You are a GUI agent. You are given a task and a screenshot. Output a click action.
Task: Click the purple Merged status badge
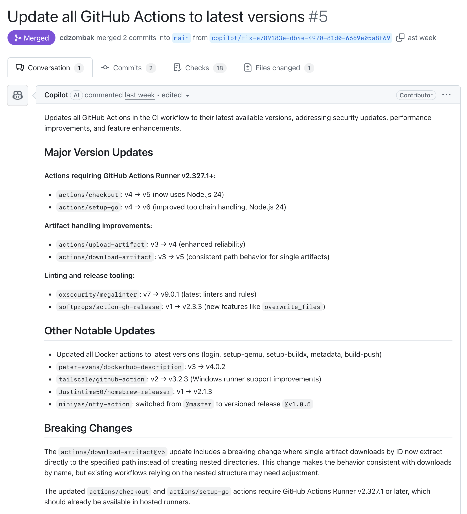(31, 38)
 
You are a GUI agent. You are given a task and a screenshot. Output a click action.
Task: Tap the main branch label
(181, 38)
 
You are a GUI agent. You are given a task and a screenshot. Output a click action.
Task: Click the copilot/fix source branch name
(301, 38)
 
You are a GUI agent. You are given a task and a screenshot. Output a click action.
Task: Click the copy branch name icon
(400, 38)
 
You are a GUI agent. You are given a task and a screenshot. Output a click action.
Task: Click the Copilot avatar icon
(18, 95)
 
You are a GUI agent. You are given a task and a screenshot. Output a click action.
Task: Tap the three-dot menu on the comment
(446, 95)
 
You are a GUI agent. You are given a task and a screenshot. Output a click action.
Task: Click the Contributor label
(416, 95)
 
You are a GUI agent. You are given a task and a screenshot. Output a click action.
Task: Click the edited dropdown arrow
(188, 96)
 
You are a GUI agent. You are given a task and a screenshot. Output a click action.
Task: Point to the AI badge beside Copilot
(76, 95)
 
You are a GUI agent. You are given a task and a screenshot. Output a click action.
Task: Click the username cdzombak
(77, 38)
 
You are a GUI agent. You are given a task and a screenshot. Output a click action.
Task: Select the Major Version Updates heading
(99, 152)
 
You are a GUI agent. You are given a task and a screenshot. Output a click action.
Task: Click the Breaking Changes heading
(88, 428)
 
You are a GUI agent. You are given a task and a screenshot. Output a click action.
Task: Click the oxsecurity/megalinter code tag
(98, 294)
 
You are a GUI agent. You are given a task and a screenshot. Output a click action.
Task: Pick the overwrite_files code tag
(292, 307)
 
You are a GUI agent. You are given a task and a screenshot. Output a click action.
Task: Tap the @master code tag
(199, 404)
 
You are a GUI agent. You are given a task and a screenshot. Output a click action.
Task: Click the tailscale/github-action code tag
(101, 379)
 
